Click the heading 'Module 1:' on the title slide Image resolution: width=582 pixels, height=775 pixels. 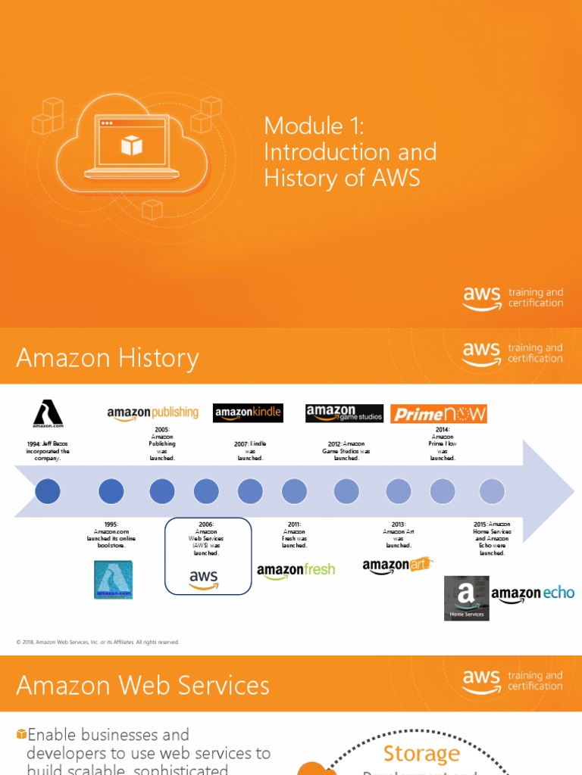[x=314, y=126]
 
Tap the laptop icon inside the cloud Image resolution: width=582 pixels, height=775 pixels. [x=132, y=147]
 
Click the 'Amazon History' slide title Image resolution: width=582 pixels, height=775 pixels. [x=108, y=358]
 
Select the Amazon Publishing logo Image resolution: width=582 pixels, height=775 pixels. [x=152, y=413]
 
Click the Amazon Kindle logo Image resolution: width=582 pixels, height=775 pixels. [x=248, y=413]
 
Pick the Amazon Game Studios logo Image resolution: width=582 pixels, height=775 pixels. [x=344, y=413]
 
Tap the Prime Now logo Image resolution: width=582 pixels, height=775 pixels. [x=439, y=414]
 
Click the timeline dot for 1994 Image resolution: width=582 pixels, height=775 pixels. [x=48, y=491]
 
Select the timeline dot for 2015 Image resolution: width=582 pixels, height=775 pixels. [x=492, y=491]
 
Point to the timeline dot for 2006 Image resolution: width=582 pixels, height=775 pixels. [x=206, y=491]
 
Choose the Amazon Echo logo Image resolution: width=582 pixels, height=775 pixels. [x=533, y=594]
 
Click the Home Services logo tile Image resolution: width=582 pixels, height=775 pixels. [x=467, y=598]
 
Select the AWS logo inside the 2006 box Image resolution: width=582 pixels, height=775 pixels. [x=203, y=580]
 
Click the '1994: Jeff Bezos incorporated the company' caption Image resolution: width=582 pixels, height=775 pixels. [x=48, y=451]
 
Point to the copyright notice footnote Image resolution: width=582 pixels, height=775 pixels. [x=98, y=642]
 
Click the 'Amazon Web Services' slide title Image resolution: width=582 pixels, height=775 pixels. [x=142, y=686]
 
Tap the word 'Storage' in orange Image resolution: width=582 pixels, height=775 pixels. [x=421, y=754]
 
